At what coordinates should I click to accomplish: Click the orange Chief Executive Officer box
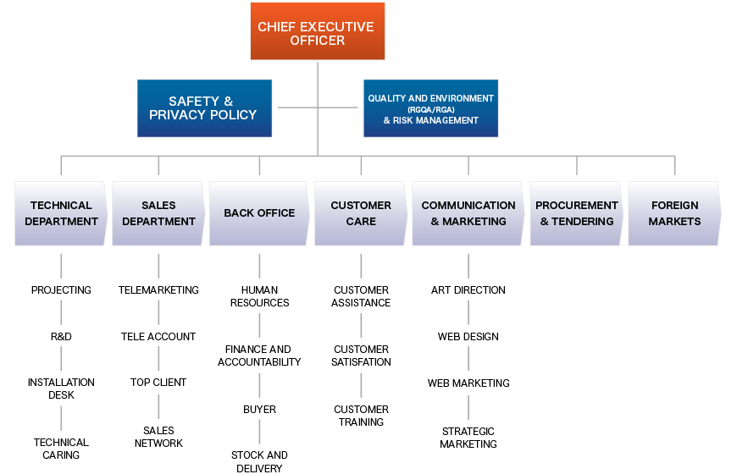click(317, 31)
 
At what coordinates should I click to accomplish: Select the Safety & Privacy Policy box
click(204, 107)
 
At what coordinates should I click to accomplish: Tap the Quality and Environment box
click(430, 107)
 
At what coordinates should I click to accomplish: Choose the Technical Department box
click(61, 213)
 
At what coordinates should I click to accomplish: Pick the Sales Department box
click(158, 213)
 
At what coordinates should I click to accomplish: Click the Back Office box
click(258, 213)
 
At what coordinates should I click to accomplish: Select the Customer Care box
click(361, 213)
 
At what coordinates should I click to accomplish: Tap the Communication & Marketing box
click(468, 213)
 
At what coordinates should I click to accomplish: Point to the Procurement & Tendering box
click(577, 213)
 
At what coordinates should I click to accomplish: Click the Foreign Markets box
click(674, 213)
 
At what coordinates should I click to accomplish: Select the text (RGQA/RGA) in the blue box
click(430, 109)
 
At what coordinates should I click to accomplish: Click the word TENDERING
click(584, 222)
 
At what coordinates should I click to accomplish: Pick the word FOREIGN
click(675, 205)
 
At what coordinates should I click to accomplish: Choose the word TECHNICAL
click(61, 205)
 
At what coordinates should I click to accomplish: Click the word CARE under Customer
click(361, 222)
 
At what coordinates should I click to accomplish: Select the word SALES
click(158, 205)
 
